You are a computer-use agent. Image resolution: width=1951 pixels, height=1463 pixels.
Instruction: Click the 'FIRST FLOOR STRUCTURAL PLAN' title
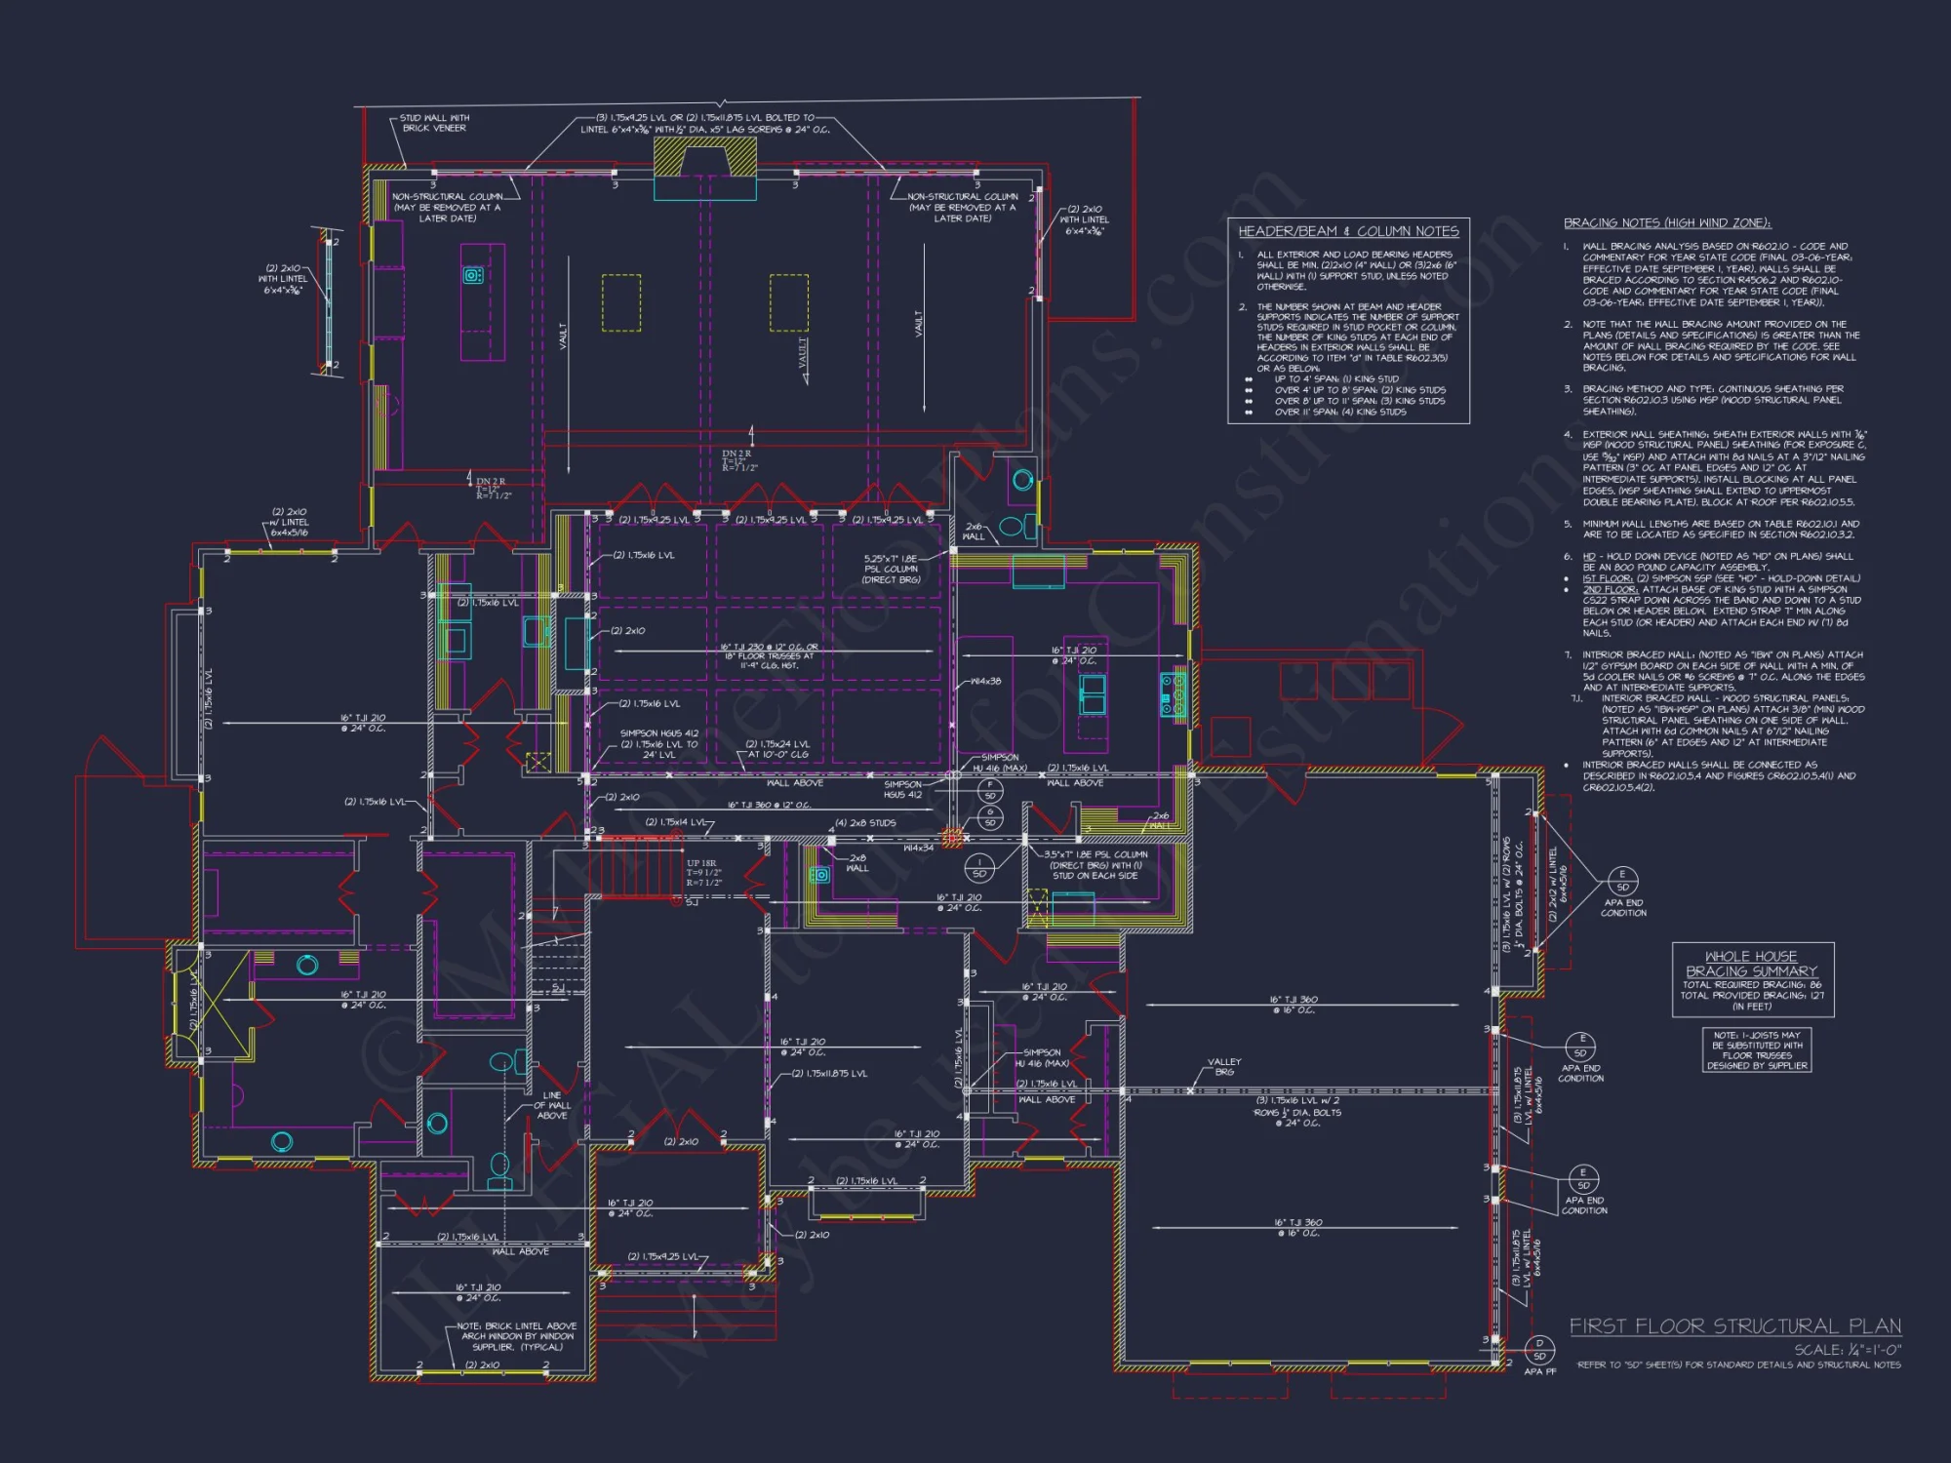pyautogui.click(x=1734, y=1326)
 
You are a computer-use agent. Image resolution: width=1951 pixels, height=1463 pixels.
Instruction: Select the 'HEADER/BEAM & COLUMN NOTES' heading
pyautogui.click(x=1348, y=231)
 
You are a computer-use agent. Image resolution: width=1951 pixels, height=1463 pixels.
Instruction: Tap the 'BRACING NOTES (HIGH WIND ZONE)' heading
pyautogui.click(x=1666, y=223)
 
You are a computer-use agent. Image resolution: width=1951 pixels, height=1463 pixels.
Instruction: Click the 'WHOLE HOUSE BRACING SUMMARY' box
pyautogui.click(x=1752, y=979)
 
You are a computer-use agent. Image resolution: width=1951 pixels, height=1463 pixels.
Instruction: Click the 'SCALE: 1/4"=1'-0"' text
pyautogui.click(x=1847, y=1350)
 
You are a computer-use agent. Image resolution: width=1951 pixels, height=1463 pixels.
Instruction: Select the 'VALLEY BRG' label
pyautogui.click(x=1223, y=1066)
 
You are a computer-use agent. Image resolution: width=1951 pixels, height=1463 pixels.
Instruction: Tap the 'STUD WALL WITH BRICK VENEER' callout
pyautogui.click(x=434, y=123)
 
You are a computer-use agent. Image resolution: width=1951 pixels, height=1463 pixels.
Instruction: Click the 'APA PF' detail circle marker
pyautogui.click(x=1539, y=1351)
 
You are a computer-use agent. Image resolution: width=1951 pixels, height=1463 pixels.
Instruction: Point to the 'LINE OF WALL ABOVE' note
pyautogui.click(x=552, y=1105)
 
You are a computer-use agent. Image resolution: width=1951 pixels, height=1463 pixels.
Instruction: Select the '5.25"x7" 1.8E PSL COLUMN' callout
pyautogui.click(x=890, y=570)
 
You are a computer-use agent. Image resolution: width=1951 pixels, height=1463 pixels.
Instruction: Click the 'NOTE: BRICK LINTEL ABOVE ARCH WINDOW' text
pyautogui.click(x=516, y=1336)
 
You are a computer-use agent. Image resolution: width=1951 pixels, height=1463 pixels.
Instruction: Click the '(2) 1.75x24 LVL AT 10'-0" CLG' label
pyautogui.click(x=777, y=749)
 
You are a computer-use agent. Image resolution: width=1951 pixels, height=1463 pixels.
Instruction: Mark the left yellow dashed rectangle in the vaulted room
pyautogui.click(x=621, y=302)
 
